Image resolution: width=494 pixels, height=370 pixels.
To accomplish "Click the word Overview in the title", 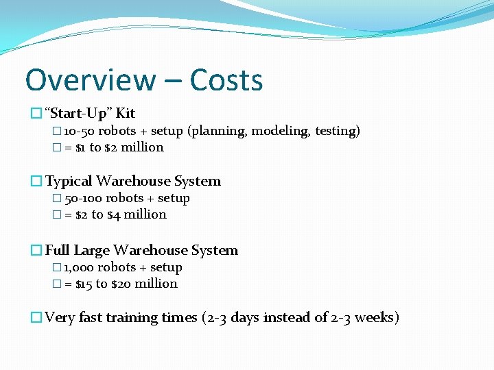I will (x=90, y=80).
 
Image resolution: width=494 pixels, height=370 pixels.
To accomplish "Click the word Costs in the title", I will (x=226, y=80).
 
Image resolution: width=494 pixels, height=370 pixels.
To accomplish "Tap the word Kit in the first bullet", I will (x=126, y=113).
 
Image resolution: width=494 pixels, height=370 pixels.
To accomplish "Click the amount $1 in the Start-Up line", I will (x=80, y=147).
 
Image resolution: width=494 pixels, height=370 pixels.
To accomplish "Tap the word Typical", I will (x=69, y=181).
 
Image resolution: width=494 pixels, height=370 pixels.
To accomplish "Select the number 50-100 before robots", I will (x=82, y=198).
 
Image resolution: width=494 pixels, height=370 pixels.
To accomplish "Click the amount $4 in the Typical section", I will (x=113, y=214).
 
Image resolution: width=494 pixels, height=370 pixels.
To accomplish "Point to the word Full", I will (x=57, y=250).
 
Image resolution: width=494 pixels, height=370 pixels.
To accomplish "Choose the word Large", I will (x=91, y=250).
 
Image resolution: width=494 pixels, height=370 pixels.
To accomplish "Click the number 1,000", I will (x=78, y=267).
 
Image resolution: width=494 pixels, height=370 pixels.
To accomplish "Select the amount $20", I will (x=122, y=284).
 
